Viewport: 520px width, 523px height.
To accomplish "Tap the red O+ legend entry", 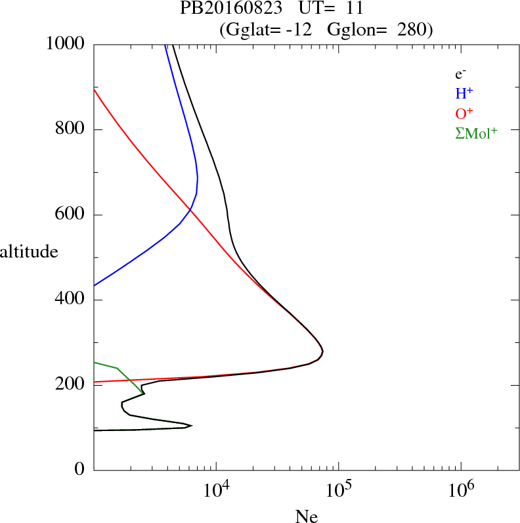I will pos(464,113).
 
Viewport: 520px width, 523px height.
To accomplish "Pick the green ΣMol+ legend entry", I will pos(476,133).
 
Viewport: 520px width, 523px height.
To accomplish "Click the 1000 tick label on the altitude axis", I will pos(66,44).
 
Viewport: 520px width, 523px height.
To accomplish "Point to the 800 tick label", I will pos(71,129).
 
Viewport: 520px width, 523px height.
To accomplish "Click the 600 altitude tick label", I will pos(71,215).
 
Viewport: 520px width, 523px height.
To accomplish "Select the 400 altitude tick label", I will pos(71,300).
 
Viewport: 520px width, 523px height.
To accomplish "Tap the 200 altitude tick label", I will pos(71,385).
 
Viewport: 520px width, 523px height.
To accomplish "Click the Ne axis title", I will pos(306,516).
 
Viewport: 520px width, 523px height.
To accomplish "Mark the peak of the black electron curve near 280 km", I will pos(322,353).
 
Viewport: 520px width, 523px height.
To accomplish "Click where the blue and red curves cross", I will pos(190,210).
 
